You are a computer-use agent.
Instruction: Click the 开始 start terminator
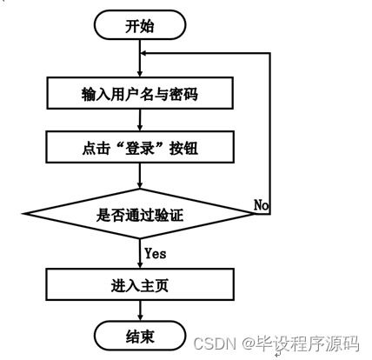(x=139, y=26)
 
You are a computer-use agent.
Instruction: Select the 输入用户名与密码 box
(x=139, y=92)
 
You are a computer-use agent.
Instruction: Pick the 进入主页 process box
(x=139, y=283)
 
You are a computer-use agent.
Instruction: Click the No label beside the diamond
(x=261, y=204)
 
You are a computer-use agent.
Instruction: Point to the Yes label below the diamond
(x=156, y=254)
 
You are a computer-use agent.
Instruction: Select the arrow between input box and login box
(x=139, y=120)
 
